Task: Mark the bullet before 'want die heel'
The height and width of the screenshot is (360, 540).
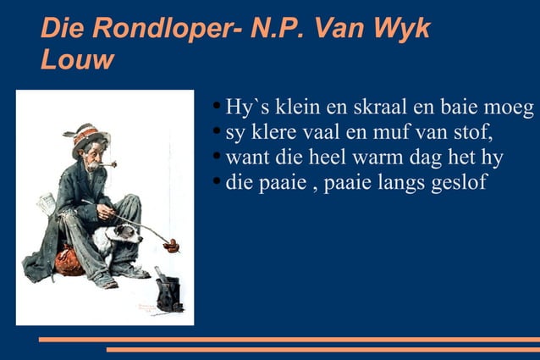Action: (218, 157)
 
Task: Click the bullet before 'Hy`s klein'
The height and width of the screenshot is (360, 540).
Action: (218, 108)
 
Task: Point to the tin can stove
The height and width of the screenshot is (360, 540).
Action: (168, 292)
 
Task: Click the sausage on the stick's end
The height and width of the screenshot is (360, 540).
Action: (172, 246)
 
